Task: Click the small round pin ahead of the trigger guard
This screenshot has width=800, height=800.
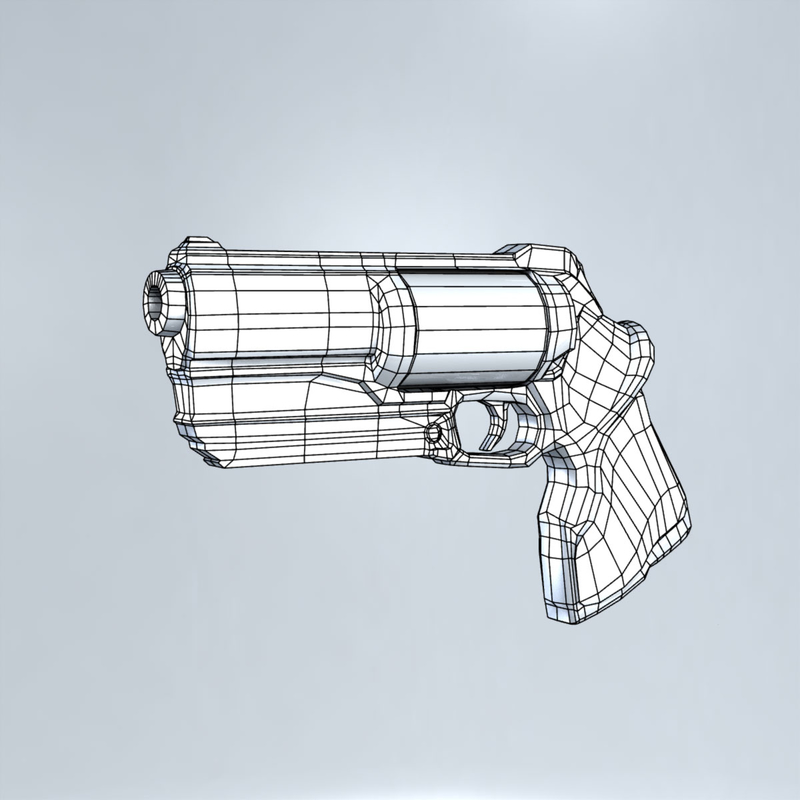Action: pyautogui.click(x=434, y=433)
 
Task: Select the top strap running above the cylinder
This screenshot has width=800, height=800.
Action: pyautogui.click(x=460, y=262)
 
